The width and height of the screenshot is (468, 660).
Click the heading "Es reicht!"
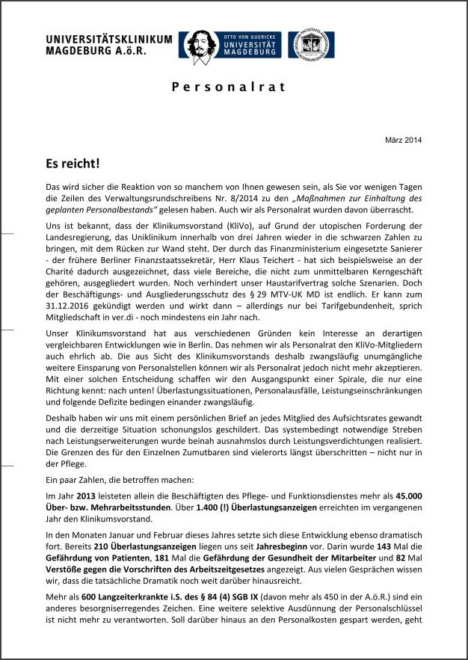click(72, 163)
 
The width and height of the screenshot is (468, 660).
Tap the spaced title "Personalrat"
click(229, 87)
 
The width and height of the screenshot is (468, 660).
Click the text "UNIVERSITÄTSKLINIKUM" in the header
click(108, 40)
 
